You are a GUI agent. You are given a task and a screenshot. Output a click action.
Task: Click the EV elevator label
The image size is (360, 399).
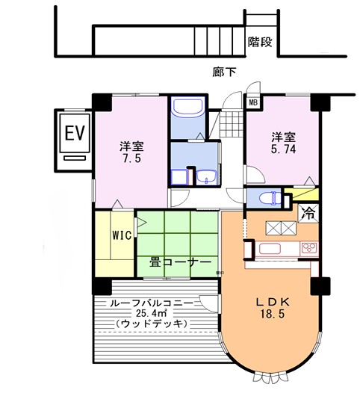click(x=75, y=133)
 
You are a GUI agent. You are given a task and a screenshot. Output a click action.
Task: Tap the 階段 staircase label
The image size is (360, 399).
click(x=260, y=42)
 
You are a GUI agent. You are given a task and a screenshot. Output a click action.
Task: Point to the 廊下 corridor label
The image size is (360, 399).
click(x=224, y=72)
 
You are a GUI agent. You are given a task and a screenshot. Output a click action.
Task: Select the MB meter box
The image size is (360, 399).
click(x=253, y=103)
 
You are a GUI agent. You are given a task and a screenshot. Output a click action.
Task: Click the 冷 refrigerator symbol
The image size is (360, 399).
click(x=308, y=213)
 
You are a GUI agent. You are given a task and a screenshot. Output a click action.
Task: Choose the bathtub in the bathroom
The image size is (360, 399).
click(x=188, y=107)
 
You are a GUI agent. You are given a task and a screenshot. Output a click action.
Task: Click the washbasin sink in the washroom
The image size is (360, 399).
click(x=206, y=177)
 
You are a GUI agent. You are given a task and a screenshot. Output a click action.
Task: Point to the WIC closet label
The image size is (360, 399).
click(x=122, y=235)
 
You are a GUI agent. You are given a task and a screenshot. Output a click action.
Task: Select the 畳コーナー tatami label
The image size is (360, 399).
click(x=180, y=262)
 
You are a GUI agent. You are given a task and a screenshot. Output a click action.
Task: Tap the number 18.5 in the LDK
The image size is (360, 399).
click(x=272, y=315)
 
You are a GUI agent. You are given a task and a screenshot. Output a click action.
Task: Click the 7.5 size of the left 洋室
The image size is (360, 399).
click(x=132, y=158)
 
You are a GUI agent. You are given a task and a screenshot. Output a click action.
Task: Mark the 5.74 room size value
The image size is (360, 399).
click(x=283, y=149)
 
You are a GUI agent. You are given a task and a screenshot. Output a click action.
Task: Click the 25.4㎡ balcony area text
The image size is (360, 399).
click(x=152, y=312)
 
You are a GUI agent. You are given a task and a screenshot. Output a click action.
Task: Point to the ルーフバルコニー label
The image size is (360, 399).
click(x=152, y=303)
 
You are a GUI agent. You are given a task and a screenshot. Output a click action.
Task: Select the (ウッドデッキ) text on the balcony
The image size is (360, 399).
click(x=152, y=324)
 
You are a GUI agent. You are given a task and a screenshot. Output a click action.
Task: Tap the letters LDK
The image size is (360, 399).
click(x=272, y=303)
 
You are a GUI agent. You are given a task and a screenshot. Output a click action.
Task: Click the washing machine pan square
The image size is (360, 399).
click(x=179, y=177)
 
